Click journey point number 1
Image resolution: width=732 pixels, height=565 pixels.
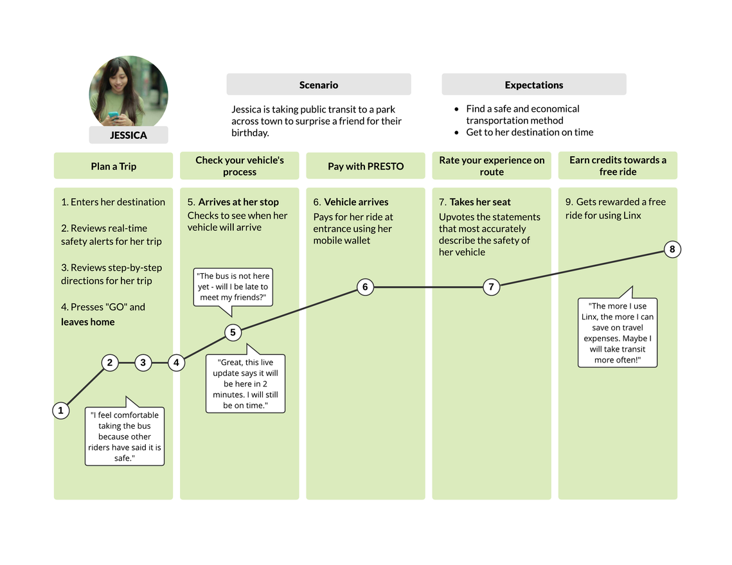[x=60, y=411]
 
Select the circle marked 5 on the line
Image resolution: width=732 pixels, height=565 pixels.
[x=233, y=333]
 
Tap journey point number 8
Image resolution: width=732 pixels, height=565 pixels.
[x=672, y=249]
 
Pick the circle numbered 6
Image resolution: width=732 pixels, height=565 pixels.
[x=365, y=287]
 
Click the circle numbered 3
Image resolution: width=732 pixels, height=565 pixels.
[x=143, y=363]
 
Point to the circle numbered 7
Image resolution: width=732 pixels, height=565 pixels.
[x=491, y=287]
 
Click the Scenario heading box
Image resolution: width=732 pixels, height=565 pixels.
[x=319, y=84]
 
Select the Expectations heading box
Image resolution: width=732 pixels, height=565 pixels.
[x=534, y=84]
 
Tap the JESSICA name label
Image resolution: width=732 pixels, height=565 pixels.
[x=129, y=136]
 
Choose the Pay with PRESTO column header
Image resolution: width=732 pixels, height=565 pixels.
[x=366, y=166]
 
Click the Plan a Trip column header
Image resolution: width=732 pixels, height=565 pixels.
[x=114, y=166]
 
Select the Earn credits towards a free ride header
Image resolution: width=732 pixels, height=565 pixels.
[x=618, y=165]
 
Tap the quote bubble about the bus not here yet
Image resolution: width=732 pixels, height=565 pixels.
[x=233, y=287]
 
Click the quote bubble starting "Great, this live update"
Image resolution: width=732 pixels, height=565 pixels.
[x=245, y=383]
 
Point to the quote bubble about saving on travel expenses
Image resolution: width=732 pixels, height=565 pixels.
[x=618, y=332]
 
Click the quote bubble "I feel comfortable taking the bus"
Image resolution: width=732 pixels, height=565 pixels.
[x=125, y=436]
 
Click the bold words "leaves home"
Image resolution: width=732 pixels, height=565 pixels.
[x=88, y=322]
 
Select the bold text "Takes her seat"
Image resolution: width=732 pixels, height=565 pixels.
[x=480, y=202]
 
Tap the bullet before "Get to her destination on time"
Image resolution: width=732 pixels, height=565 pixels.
[x=456, y=132]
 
